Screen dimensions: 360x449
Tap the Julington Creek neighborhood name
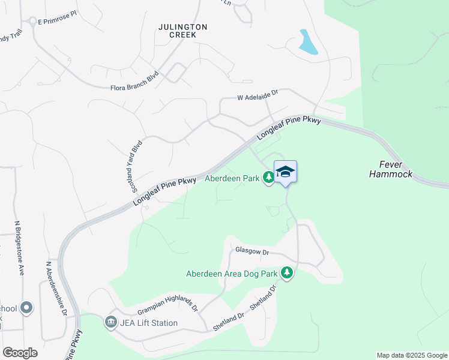click(183, 31)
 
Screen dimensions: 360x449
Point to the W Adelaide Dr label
click(258, 95)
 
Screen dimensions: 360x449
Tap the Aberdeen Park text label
click(232, 178)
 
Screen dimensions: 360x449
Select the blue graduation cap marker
click(286, 172)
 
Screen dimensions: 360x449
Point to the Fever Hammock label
click(396, 169)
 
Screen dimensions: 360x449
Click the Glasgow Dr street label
click(252, 251)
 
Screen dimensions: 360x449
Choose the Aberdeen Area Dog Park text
click(232, 274)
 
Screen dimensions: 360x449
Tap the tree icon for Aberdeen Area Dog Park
click(288, 273)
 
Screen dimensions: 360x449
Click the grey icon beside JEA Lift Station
click(110, 323)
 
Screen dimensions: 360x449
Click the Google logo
click(20, 353)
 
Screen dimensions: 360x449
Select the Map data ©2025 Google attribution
click(412, 355)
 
